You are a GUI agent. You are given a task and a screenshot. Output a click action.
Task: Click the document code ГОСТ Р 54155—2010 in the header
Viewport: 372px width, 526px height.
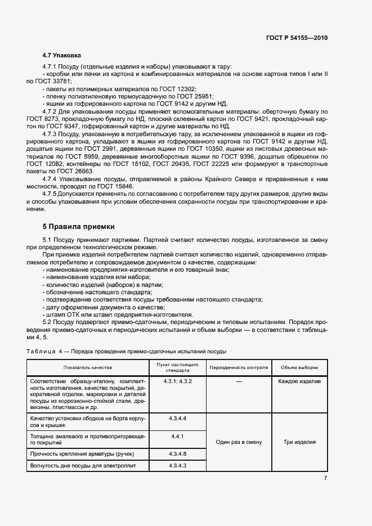tap(296, 38)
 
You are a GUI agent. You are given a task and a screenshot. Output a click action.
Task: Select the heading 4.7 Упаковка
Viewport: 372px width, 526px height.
tap(62, 56)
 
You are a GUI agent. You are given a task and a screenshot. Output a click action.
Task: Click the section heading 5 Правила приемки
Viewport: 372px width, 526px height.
tap(79, 227)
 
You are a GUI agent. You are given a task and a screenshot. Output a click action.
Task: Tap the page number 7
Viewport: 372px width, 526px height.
tap(325, 478)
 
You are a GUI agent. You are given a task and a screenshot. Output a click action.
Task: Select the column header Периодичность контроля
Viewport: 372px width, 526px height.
tap(239, 367)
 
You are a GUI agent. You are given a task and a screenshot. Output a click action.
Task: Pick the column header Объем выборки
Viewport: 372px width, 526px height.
tap(299, 367)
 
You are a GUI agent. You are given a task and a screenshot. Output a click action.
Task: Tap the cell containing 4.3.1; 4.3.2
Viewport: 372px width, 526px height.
tap(177, 381)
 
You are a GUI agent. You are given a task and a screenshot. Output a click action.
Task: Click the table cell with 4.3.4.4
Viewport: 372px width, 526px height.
tap(177, 419)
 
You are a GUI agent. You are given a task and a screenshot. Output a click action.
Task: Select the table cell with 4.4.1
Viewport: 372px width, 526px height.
tap(177, 436)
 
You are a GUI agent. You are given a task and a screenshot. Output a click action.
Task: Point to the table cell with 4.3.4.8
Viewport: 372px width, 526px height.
tap(177, 453)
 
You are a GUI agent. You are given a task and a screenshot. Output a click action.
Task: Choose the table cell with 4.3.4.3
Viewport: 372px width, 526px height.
tap(177, 466)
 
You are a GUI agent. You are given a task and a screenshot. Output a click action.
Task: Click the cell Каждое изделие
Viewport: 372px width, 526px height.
tap(299, 381)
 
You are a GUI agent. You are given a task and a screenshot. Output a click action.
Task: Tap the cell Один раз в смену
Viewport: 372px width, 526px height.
tap(239, 442)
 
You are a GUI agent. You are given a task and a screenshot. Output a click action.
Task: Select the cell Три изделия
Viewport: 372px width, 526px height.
tap(299, 442)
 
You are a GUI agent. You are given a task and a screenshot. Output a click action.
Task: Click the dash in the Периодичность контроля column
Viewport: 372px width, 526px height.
tap(239, 381)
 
